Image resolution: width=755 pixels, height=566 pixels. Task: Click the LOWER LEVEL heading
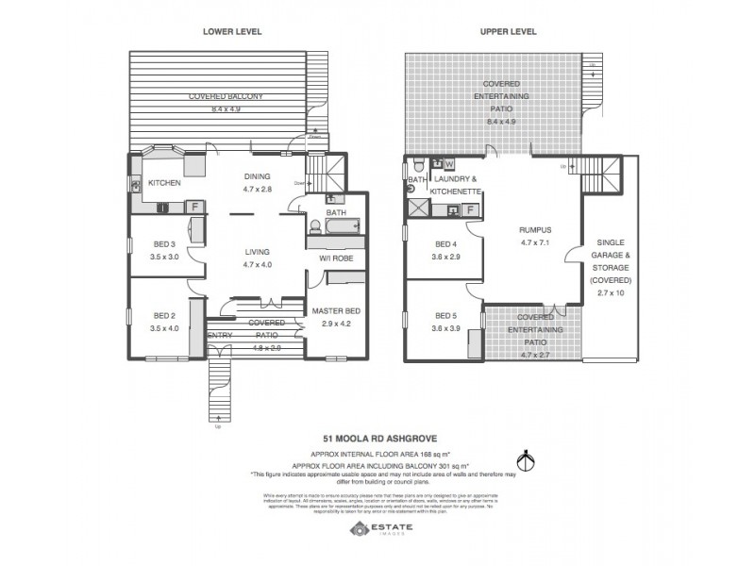tap(231, 31)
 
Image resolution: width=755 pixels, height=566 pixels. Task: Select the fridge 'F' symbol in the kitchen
tap(193, 207)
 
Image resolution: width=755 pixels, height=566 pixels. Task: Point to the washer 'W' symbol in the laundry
tap(449, 164)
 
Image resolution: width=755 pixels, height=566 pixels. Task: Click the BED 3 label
tap(164, 243)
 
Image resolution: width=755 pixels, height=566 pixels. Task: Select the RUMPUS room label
tap(534, 229)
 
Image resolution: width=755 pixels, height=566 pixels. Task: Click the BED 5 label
tap(445, 315)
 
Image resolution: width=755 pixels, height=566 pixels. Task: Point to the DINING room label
tap(258, 175)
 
